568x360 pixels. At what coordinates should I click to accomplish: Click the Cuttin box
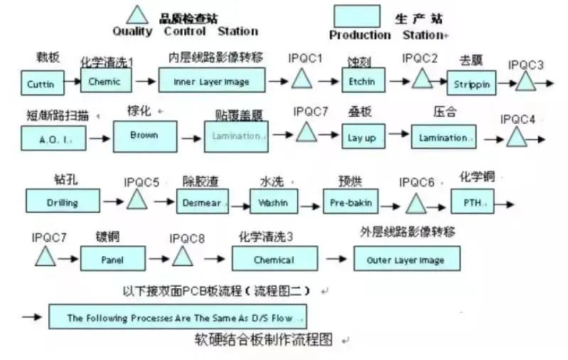[x=41, y=83]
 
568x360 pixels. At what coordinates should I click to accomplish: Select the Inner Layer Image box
[x=211, y=82]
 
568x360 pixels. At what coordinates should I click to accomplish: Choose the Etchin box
[x=361, y=81]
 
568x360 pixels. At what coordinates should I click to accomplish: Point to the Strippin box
[x=471, y=84]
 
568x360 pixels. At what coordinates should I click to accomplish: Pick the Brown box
[x=144, y=135]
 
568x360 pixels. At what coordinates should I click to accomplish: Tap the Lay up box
[x=361, y=137]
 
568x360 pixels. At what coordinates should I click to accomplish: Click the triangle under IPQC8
[x=183, y=256]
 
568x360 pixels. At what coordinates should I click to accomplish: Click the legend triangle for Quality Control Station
[x=138, y=14]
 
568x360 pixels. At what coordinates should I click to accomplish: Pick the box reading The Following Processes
[x=178, y=317]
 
